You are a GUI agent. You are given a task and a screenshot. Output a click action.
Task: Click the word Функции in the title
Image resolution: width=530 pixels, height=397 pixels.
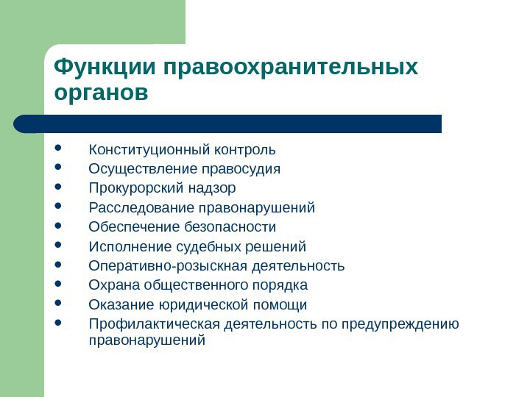coord(105,67)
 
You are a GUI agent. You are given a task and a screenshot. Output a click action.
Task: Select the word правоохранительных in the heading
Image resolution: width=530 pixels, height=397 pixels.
coord(291,68)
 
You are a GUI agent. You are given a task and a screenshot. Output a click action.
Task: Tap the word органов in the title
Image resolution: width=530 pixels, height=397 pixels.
coord(101,93)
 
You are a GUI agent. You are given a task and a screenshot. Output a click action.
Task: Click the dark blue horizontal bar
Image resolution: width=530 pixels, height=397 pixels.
coord(227,124)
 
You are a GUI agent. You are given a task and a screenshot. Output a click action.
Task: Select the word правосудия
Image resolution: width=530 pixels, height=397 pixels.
coord(241,169)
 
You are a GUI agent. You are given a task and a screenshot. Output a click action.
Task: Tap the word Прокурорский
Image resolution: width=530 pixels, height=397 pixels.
coord(136,188)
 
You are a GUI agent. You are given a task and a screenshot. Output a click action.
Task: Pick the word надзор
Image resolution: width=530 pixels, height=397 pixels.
coord(211,189)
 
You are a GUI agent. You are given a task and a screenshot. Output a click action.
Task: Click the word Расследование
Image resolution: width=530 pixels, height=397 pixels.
coord(141,207)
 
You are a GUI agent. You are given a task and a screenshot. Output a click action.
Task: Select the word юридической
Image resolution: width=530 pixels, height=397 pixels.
coord(203,305)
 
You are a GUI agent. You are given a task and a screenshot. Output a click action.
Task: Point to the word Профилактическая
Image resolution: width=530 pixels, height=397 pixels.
coord(154,324)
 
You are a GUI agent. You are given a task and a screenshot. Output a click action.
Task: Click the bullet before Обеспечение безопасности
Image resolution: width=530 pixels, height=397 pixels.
coord(58,225)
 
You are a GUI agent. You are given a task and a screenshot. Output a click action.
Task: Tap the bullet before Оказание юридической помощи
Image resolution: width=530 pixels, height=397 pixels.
coord(58,303)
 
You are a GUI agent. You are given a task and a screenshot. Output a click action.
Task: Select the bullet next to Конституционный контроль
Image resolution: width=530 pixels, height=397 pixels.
coord(58,148)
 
